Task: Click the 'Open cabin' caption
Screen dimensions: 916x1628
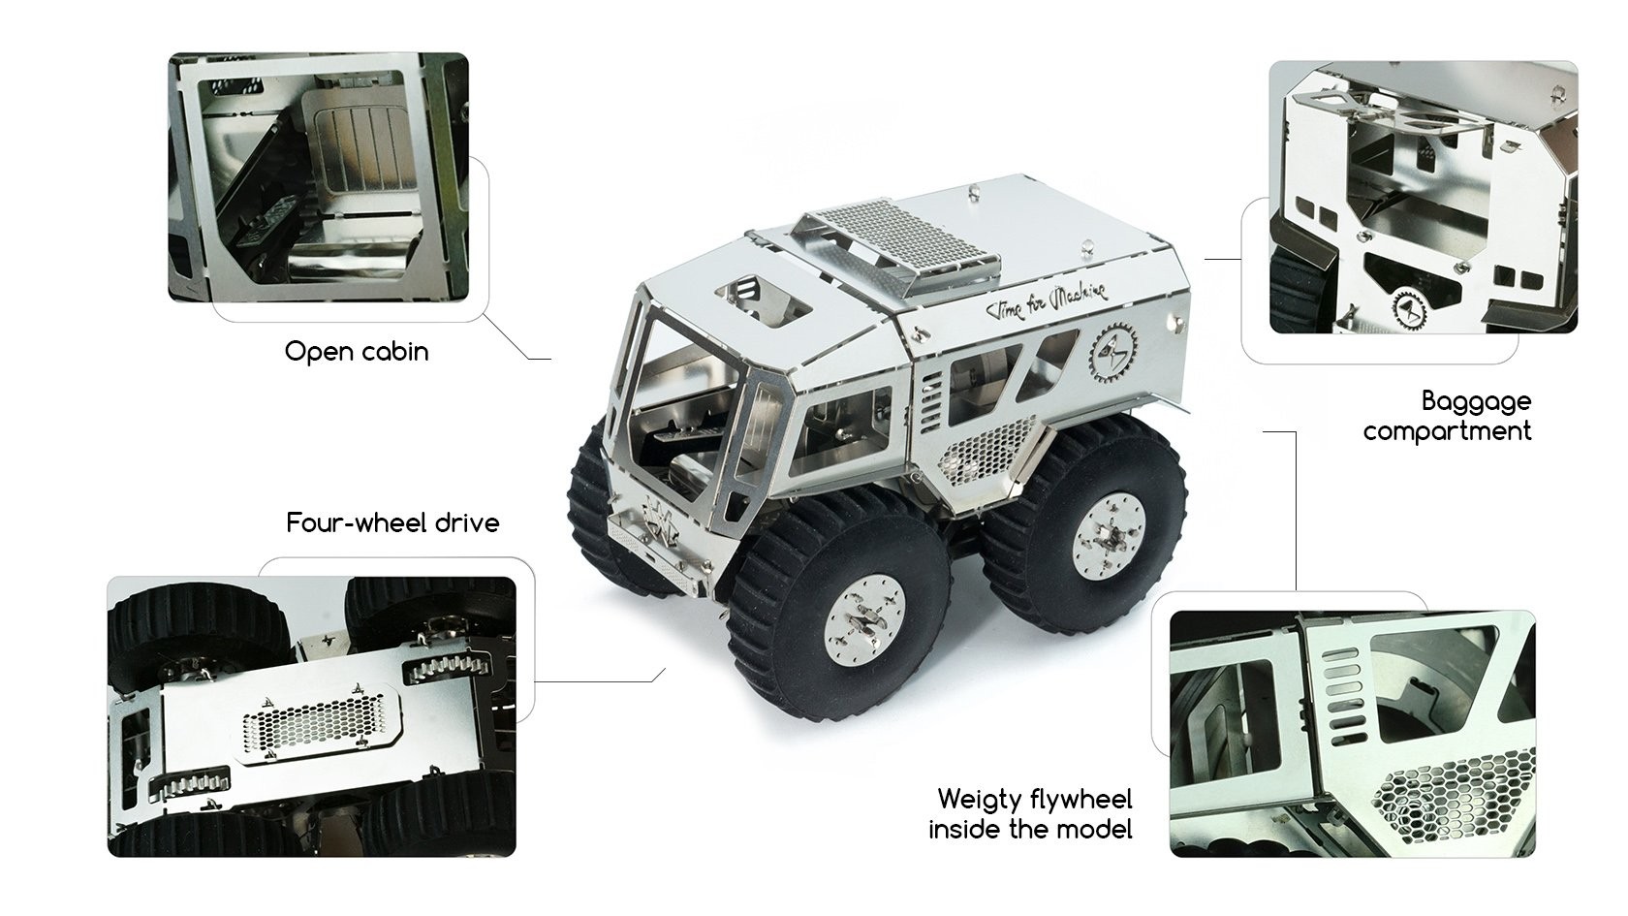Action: coord(357,351)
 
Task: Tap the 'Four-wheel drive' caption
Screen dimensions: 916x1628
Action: coord(392,523)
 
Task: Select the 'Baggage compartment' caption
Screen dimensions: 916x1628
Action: coord(1447,416)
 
